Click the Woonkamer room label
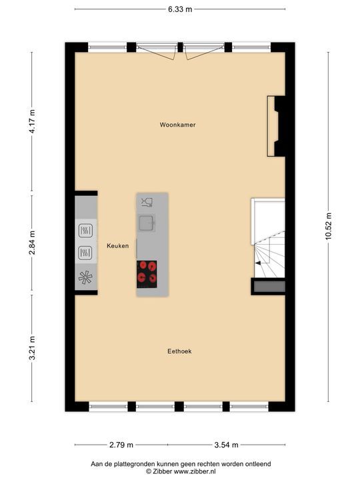tap(177, 125)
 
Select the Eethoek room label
tap(179, 351)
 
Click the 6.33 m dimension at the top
tap(180, 9)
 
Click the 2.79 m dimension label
tap(121, 445)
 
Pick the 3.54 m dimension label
tap(225, 445)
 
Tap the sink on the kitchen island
tap(146, 222)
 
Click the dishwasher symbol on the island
tap(147, 201)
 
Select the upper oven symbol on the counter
tap(86, 231)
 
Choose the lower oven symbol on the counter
tap(86, 253)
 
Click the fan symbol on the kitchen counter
tap(86, 278)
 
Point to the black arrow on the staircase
tap(257, 263)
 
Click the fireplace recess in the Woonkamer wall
tap(273, 126)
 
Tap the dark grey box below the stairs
tap(269, 287)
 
